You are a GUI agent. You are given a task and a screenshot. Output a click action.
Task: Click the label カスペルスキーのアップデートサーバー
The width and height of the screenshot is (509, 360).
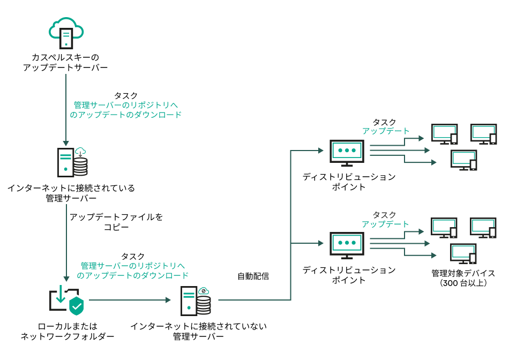pyautogui.click(x=65, y=62)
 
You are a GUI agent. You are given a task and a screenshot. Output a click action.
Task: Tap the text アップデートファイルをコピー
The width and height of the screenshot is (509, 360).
pyautogui.click(x=116, y=222)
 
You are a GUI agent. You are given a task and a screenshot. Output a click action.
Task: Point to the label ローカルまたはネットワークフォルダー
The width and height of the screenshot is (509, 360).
pyautogui.click(x=67, y=331)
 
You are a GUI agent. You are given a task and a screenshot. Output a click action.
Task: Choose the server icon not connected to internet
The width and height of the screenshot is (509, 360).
pyautogui.click(x=195, y=301)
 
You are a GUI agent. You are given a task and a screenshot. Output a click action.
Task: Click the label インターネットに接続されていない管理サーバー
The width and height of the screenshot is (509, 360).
pyautogui.click(x=198, y=331)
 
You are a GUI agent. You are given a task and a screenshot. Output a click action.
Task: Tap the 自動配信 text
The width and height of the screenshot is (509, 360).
pyautogui.click(x=253, y=276)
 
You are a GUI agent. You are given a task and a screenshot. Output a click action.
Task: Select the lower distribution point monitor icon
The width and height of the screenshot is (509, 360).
pyautogui.click(x=347, y=245)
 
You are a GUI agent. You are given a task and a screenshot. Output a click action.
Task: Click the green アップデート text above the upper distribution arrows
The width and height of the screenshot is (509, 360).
pyautogui.click(x=386, y=131)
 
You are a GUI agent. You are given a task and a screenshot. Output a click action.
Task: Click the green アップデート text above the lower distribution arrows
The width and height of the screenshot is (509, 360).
pyautogui.click(x=385, y=224)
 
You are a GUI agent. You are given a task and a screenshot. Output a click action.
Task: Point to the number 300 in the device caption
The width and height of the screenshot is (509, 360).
pyautogui.click(x=450, y=283)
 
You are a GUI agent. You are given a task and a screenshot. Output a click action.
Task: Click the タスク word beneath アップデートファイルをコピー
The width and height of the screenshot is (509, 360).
pyautogui.click(x=133, y=257)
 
